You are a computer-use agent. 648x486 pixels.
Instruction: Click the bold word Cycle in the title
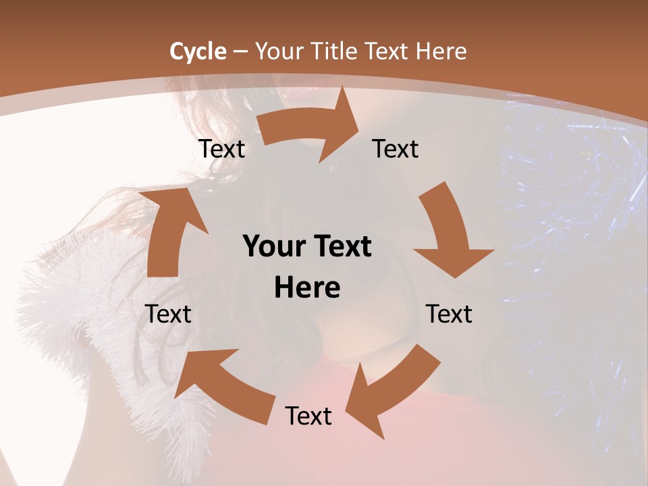pos(198,51)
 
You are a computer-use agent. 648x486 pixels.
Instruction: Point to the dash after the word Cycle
pos(240,52)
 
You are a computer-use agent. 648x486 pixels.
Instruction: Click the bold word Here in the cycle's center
pos(307,288)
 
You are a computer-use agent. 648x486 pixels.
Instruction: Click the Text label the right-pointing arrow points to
pos(396,149)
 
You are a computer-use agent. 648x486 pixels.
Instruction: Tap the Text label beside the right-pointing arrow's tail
pos(222,149)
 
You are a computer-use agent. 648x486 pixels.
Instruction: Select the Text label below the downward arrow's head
pos(450,314)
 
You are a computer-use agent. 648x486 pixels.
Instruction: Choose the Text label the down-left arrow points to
pos(308,416)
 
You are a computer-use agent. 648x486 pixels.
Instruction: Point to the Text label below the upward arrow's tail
pos(169,314)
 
